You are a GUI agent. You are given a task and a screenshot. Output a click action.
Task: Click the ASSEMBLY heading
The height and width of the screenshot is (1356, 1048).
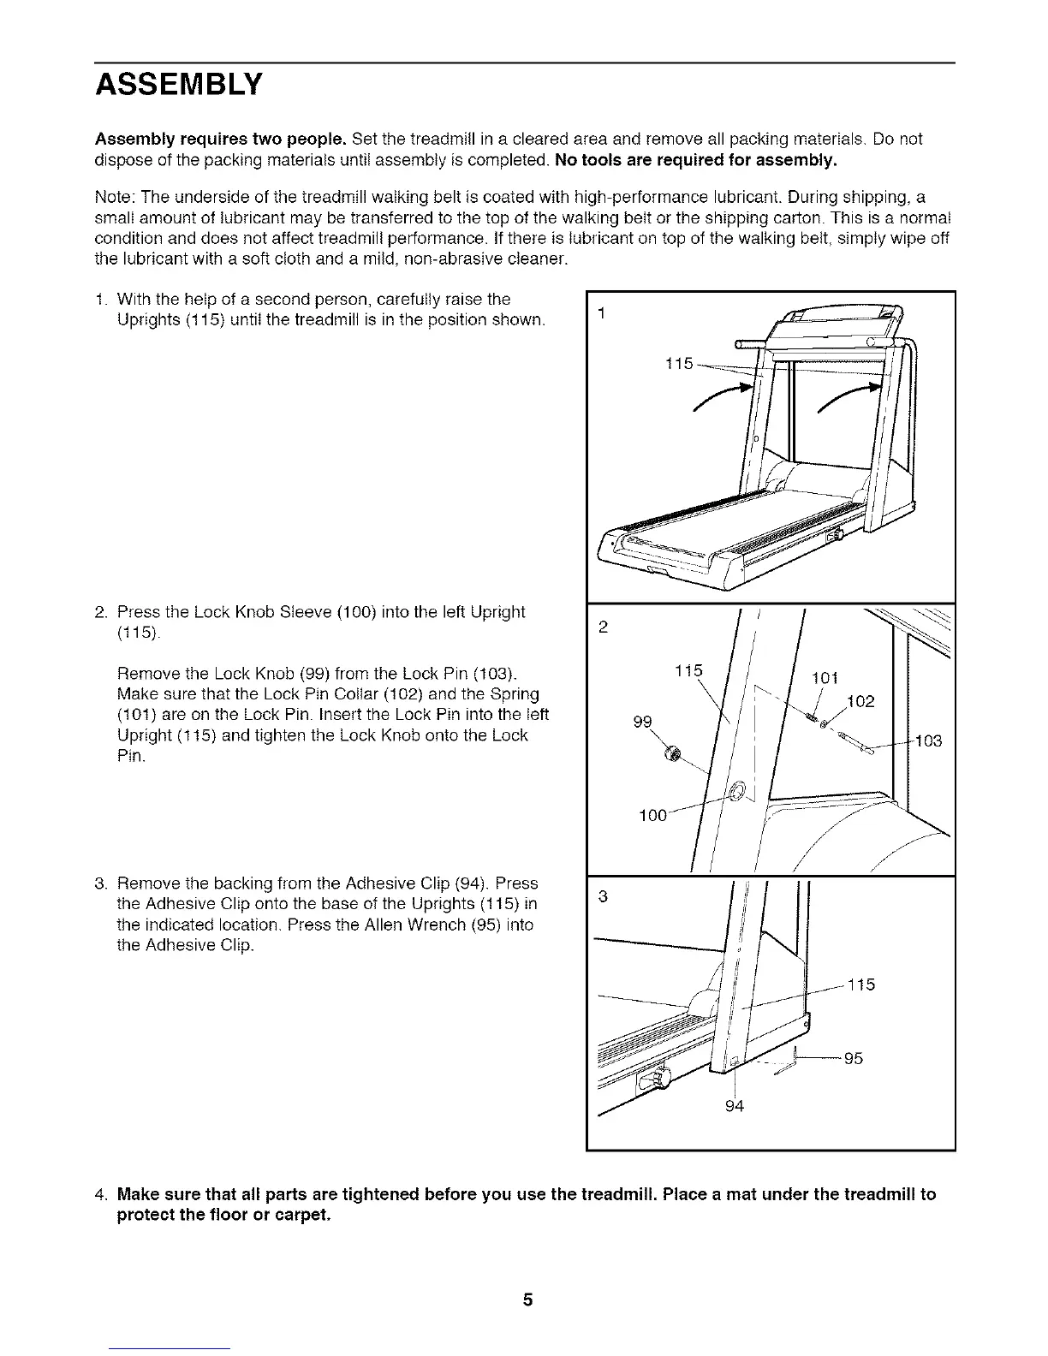pos(178,85)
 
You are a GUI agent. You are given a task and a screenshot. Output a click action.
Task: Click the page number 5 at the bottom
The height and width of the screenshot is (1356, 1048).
pos(528,1300)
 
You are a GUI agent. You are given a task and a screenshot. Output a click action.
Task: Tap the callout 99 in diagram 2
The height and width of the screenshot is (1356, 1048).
pos(642,722)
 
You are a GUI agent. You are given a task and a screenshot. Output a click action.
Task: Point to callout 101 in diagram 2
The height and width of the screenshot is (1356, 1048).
pos(824,679)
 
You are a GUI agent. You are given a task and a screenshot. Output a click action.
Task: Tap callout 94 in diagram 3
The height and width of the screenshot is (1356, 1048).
pos(734,1106)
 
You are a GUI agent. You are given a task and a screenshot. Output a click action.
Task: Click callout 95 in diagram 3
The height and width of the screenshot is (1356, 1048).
pos(853,1058)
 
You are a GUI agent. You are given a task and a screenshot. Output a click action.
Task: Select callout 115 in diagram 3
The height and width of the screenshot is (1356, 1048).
pos(861,984)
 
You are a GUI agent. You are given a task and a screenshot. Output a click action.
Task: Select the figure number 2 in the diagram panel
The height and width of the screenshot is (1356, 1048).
pos(603,627)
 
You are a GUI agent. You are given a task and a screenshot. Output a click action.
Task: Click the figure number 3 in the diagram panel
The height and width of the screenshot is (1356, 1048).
pos(603,896)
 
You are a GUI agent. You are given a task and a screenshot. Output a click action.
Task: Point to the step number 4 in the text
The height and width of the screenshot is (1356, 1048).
pos(101,1194)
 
